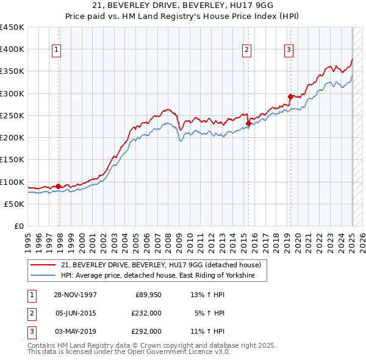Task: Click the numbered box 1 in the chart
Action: (x=56, y=50)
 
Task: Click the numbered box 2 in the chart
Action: (x=246, y=50)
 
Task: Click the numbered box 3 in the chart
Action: (x=288, y=50)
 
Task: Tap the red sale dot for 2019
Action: (x=290, y=96)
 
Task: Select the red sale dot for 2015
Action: (x=248, y=123)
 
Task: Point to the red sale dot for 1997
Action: (x=59, y=186)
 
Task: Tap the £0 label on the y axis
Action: (x=20, y=226)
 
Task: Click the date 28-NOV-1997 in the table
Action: (x=75, y=295)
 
